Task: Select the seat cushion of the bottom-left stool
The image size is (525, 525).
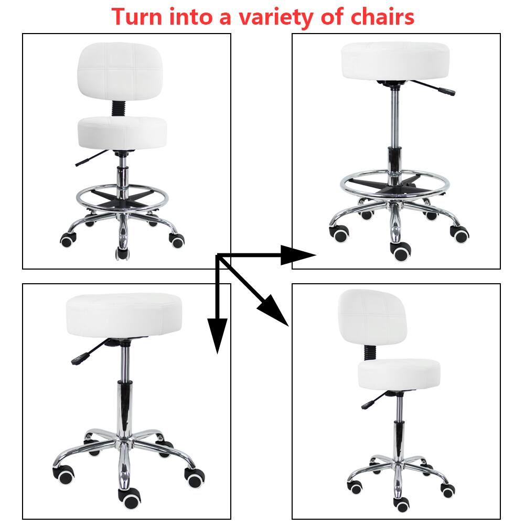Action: click(125, 316)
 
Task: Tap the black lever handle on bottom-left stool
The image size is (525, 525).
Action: click(78, 360)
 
